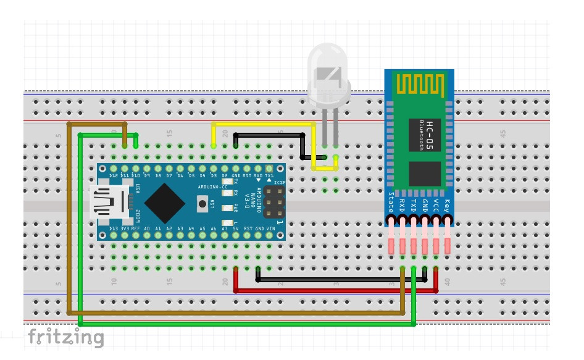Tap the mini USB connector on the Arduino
[x=108, y=202]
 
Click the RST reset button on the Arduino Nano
[x=201, y=203]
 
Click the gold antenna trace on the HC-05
[x=419, y=85]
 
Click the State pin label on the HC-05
[x=391, y=202]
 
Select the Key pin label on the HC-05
[x=447, y=204]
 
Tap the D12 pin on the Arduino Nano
[x=114, y=169]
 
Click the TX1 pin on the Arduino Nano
[x=270, y=169]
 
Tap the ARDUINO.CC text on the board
[x=213, y=186]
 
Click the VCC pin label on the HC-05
[x=436, y=204]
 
